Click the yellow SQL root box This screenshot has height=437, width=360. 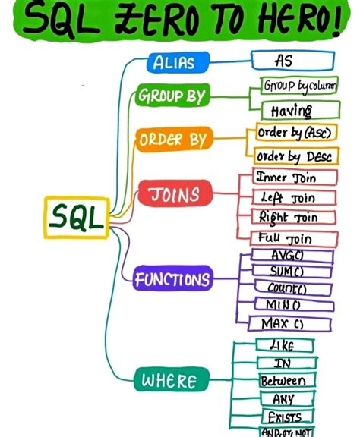[77, 218]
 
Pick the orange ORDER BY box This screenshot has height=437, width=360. [172, 140]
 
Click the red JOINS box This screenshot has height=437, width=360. [173, 193]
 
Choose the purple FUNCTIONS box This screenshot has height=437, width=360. [172, 280]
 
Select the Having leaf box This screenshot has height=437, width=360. [292, 111]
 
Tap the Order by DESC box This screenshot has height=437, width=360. [292, 156]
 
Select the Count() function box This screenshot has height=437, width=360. [292, 288]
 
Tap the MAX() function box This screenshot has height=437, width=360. [292, 324]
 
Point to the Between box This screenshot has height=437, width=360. [283, 381]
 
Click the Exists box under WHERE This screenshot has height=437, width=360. [283, 417]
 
